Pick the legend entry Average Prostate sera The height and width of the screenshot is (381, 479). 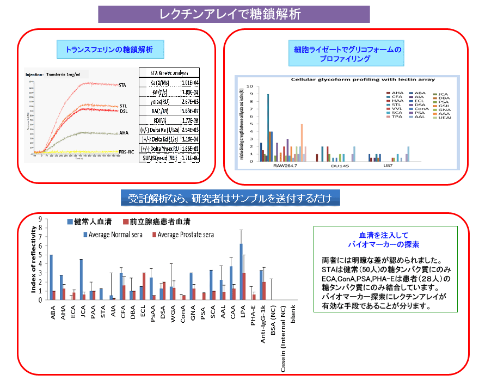[x=183, y=235]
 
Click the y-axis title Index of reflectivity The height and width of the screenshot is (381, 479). [x=34, y=261]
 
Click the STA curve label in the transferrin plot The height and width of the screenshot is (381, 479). [x=123, y=85]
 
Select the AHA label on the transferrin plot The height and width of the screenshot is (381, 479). [x=124, y=133]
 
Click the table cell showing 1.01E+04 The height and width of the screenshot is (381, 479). [x=189, y=83]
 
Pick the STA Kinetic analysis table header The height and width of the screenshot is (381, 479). [x=169, y=72]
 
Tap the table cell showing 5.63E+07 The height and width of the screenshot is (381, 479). [x=189, y=111]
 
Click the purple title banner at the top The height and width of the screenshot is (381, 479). [x=234, y=14]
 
